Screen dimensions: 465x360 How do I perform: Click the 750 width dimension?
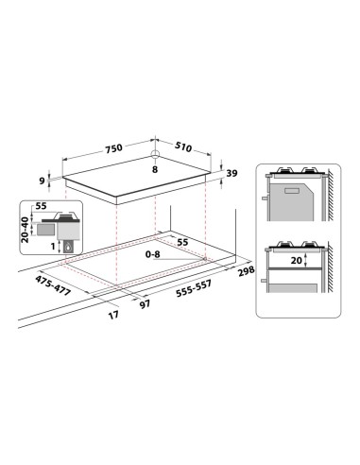pos(113,149)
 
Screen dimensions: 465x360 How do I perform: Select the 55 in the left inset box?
pos(41,205)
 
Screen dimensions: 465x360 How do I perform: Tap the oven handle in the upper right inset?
pos(268,200)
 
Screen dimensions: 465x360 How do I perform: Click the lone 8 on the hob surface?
pos(154,170)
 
